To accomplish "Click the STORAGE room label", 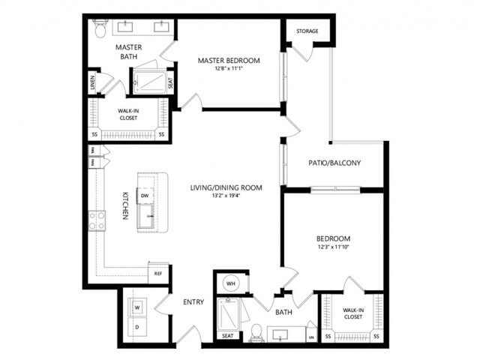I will tap(307, 31).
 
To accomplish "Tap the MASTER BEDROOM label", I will tap(229, 60).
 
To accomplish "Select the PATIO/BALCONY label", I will tap(335, 163).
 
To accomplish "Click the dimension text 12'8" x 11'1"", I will tap(229, 70).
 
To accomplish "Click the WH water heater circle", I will tap(231, 284).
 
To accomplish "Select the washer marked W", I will tap(137, 306).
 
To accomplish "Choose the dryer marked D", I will tap(137, 326).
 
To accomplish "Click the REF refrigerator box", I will tap(158, 274).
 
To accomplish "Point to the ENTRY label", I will tap(193, 302).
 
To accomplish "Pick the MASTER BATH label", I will tap(129, 52).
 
